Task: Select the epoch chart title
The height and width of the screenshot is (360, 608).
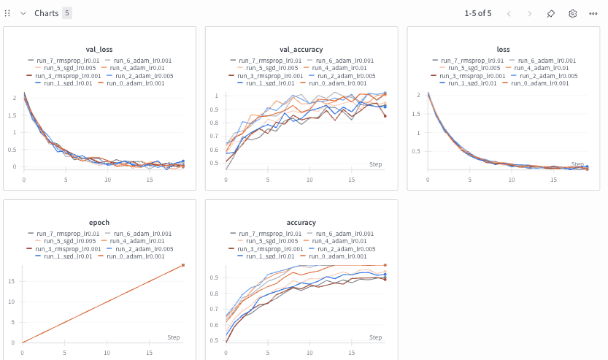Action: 99,222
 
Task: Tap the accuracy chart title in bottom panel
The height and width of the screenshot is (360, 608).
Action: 301,222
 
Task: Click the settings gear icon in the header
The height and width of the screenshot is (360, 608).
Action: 572,13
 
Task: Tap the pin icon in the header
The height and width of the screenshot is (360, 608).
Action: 551,13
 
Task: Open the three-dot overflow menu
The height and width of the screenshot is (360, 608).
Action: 593,13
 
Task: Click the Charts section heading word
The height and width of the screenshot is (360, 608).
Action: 47,13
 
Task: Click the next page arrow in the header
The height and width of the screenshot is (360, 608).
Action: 530,13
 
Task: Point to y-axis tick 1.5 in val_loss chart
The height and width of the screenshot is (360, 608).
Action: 15,115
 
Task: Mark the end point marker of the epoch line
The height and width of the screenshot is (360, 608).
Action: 182,265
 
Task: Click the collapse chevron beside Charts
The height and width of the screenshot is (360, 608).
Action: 23,13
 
